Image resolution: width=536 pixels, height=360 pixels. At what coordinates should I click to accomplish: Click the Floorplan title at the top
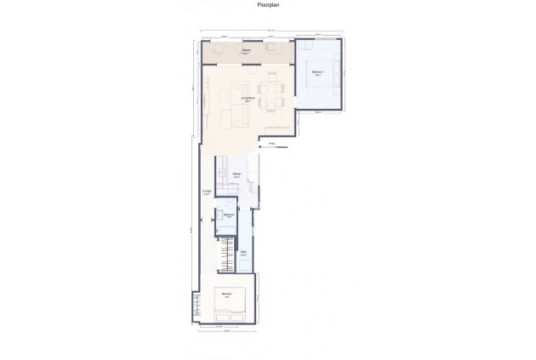[268, 5]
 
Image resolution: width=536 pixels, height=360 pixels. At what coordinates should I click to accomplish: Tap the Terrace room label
[245, 51]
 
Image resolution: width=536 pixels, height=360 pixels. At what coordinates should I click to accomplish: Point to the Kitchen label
[237, 175]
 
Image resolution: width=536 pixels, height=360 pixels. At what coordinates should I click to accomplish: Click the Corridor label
[207, 192]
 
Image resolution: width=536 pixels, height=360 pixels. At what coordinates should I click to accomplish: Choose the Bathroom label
[228, 215]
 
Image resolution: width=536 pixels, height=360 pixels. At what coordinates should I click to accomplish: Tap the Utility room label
[243, 253]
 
